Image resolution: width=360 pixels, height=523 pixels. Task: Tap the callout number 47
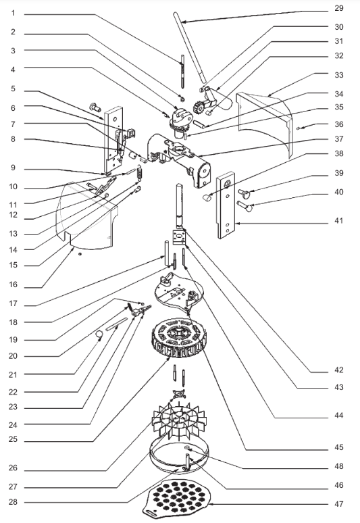(x=338, y=504)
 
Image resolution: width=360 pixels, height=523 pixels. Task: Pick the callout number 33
(x=338, y=75)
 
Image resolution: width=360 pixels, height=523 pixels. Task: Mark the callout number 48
(x=338, y=465)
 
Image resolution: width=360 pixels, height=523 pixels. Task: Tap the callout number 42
(x=338, y=370)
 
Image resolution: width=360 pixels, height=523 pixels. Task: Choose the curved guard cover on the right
(x=267, y=122)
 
